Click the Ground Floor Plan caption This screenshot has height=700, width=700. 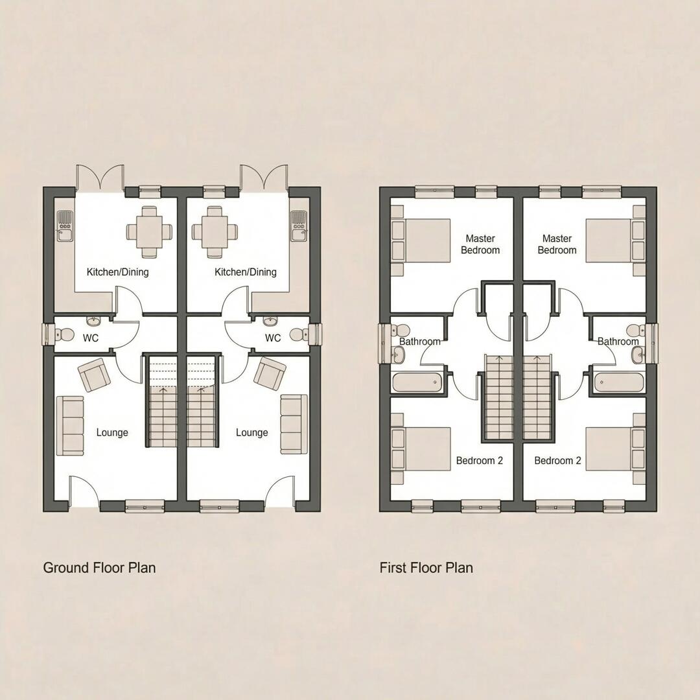pos(99,568)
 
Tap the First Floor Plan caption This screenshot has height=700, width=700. pos(426,568)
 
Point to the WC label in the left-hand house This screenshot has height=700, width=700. pos(90,338)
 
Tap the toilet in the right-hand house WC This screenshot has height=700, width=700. pos(299,335)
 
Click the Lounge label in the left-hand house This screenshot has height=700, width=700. pos(112,432)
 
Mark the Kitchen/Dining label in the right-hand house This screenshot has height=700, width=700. pos(246,272)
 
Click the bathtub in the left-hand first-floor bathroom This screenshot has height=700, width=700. pos(417,382)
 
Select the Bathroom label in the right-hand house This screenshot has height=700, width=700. pos(618,342)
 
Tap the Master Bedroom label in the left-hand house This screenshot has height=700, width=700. pos(480,244)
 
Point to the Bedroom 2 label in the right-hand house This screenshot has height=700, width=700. pos(557,461)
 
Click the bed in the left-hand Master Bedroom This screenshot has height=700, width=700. pos(421,240)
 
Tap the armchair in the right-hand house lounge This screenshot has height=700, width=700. pos(270,373)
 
